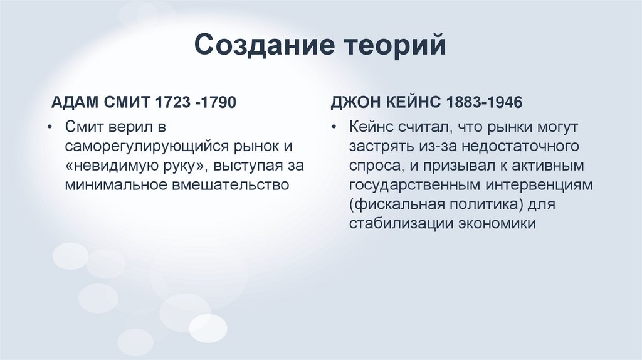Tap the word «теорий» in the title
394,47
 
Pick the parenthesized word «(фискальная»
389,204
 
